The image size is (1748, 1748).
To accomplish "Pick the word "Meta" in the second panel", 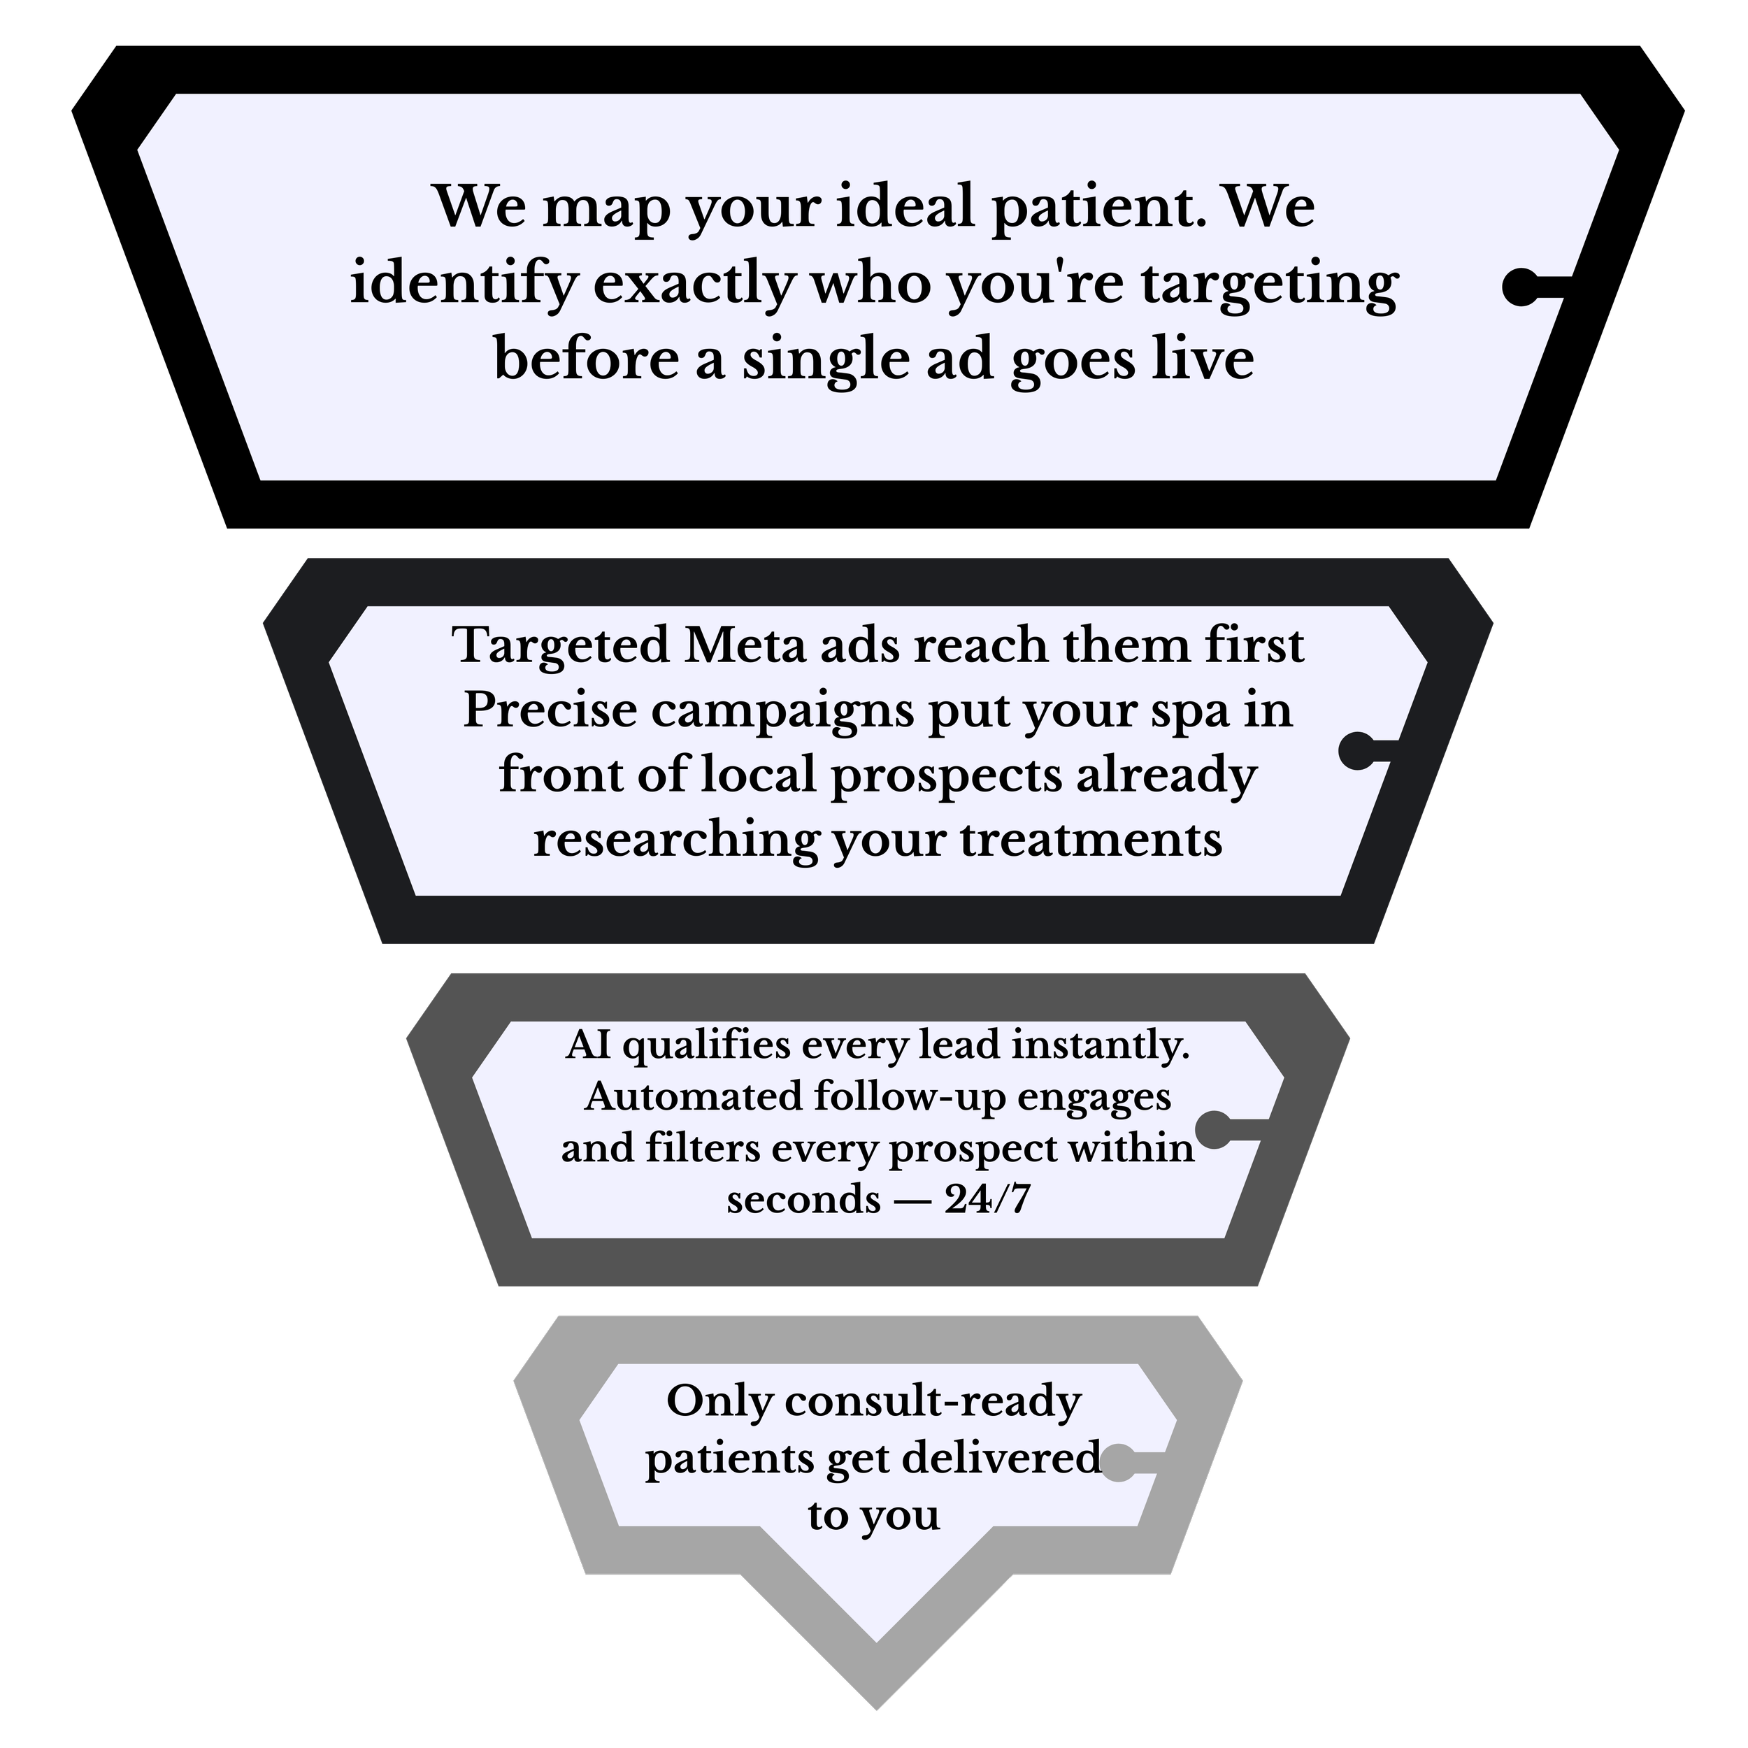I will (744, 646).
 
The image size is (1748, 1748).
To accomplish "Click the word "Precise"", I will (551, 711).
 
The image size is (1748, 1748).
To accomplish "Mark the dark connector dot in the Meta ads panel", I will (1356, 750).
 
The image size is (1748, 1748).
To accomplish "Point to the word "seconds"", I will (803, 1200).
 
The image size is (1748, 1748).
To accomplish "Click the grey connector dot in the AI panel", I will (1213, 1129).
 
